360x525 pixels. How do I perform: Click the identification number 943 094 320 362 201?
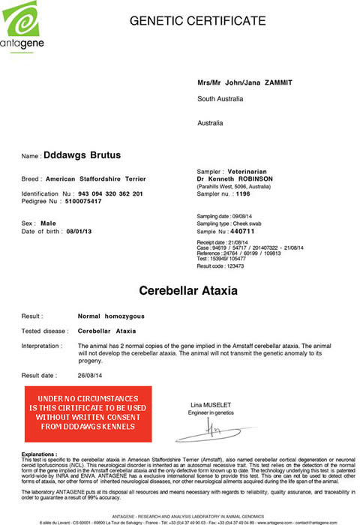(110, 193)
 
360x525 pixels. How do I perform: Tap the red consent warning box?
(87, 412)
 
